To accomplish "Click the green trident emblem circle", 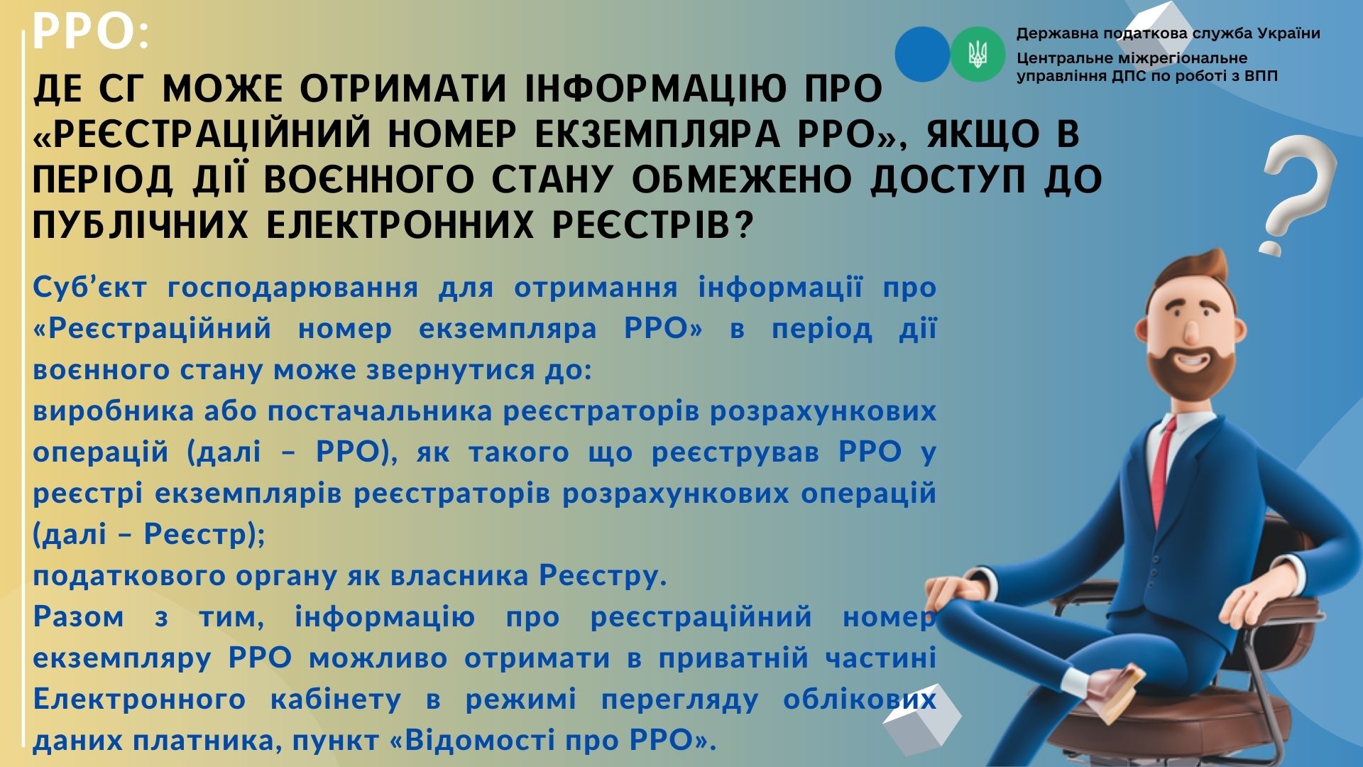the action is point(978,55).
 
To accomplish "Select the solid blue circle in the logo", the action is point(922,54).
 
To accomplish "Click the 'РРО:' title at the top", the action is point(91,33).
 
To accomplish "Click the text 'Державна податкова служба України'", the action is point(1168,33).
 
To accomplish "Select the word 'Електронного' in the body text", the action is point(139,700).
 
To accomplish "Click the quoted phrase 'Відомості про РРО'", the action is point(550,741).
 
